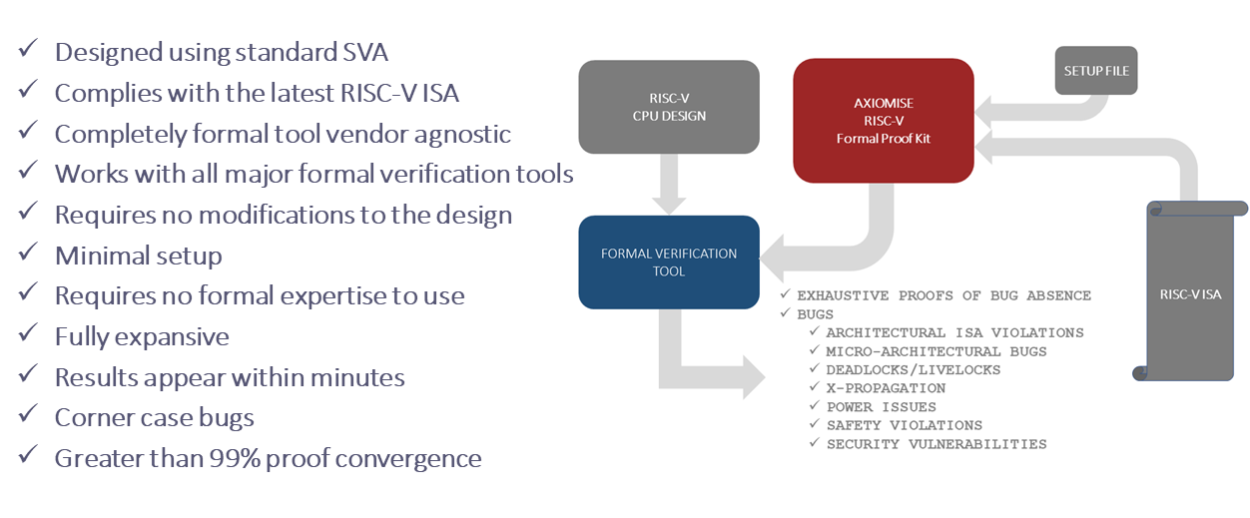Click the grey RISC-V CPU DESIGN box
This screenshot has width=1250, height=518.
[x=669, y=107]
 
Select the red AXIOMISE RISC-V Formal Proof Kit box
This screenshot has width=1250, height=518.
[x=884, y=121]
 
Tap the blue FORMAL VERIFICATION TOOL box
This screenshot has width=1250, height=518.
[x=669, y=262]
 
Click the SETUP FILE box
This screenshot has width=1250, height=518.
[x=1096, y=71]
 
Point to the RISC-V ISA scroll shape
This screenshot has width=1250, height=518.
[x=1190, y=291]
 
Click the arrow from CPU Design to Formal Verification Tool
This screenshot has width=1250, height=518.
[x=669, y=184]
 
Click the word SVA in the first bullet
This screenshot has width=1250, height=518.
[x=365, y=53]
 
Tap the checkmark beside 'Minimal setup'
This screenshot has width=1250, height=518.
[x=28, y=253]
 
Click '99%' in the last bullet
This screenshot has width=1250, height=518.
[x=235, y=458]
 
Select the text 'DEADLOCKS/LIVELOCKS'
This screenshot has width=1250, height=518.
[x=913, y=369]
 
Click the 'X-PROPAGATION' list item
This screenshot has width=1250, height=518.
[x=886, y=388]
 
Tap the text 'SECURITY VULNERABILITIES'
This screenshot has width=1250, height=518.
[x=937, y=444]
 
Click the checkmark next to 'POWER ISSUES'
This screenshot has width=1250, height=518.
[x=814, y=405]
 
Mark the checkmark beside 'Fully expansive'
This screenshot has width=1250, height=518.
[x=28, y=333]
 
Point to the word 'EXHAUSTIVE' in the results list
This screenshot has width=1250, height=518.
[x=843, y=295]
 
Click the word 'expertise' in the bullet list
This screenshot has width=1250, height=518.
[x=333, y=296]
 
